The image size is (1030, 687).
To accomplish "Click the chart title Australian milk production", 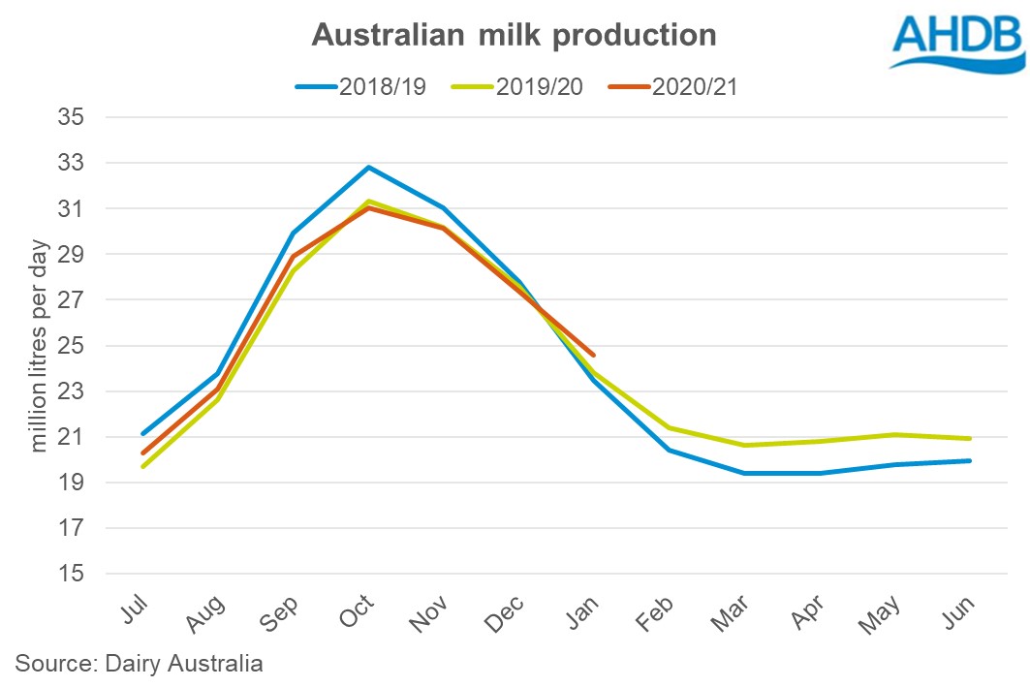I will [514, 36].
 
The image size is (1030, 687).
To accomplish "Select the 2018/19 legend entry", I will [351, 86].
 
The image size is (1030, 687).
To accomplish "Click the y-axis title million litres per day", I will [40, 347].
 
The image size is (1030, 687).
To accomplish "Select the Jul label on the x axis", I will [137, 611].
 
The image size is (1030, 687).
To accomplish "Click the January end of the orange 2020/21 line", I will [593, 355].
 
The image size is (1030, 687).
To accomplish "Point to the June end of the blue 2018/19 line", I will [970, 460].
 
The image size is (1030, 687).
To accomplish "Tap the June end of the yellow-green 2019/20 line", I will [970, 439].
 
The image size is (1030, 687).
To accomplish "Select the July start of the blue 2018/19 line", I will [143, 433].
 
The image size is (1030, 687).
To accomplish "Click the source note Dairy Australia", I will [140, 665].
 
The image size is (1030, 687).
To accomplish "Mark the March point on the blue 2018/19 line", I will [744, 473].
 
